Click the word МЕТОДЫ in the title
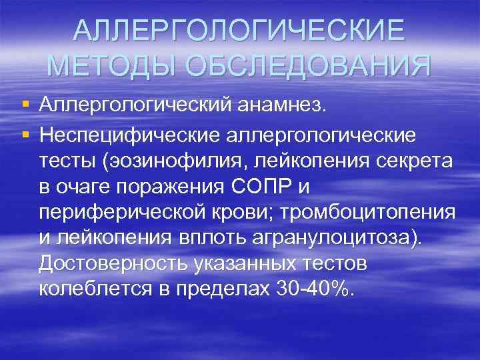(112, 65)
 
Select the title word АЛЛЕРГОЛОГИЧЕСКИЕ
(239, 29)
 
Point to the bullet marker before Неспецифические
(25, 135)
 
